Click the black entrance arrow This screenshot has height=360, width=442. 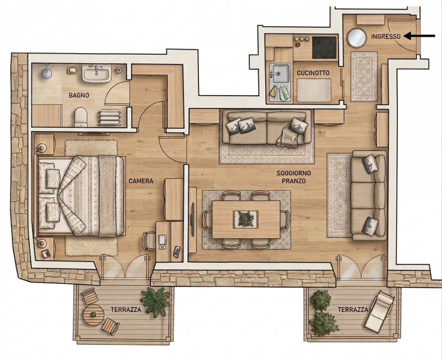click(x=419, y=36)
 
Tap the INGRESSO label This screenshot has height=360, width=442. click(x=386, y=36)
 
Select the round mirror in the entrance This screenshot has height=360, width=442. click(x=356, y=38)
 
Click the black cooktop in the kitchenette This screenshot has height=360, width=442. click(x=324, y=48)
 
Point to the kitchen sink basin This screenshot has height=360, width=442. click(x=280, y=73)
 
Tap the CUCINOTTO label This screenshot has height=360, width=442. click(x=313, y=73)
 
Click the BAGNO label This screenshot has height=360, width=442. click(x=79, y=95)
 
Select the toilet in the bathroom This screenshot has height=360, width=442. click(x=81, y=117)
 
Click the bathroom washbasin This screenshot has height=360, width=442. click(x=96, y=73)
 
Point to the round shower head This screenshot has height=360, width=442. click(x=47, y=73)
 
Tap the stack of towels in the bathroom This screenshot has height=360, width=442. click(x=109, y=117)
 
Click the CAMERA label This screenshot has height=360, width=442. click(x=141, y=181)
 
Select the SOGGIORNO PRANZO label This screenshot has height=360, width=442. click(x=294, y=177)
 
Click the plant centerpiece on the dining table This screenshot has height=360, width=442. click(x=246, y=219)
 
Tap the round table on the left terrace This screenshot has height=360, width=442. click(x=93, y=315)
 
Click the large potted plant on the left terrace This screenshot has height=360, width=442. click(x=155, y=301)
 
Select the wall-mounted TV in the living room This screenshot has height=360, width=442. click(x=193, y=220)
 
